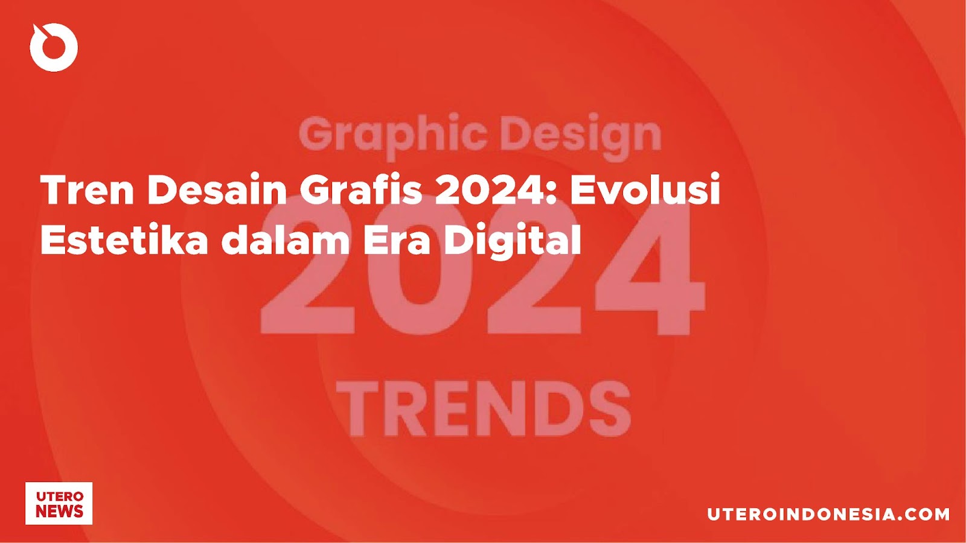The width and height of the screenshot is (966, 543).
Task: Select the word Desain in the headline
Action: click(218, 190)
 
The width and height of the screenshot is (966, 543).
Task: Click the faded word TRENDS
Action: click(484, 409)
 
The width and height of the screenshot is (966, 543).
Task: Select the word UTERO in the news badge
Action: click(59, 497)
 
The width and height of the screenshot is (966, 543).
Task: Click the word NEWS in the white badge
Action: click(59, 512)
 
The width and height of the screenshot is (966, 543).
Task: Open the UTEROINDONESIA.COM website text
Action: click(828, 514)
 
